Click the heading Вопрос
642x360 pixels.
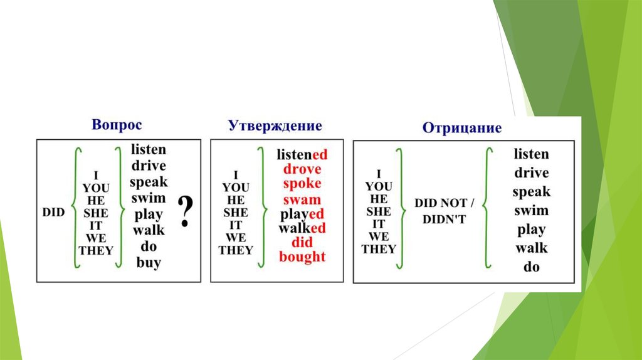click(x=117, y=124)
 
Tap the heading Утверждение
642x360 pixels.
click(x=275, y=125)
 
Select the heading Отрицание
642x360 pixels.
click(x=462, y=128)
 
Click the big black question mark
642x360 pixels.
click(x=184, y=211)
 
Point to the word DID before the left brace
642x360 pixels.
click(x=54, y=213)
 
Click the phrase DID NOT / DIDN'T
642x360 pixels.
click(x=444, y=211)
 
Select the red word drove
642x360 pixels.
click(x=302, y=169)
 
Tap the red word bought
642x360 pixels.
click(x=302, y=257)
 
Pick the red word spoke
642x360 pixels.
click(x=302, y=184)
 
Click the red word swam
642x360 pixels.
click(x=302, y=199)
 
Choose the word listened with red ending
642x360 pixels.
click(x=302, y=154)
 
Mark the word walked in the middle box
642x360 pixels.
click(x=302, y=228)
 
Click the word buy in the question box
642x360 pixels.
click(x=149, y=263)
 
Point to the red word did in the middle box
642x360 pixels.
click(x=302, y=242)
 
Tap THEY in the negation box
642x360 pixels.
click(x=379, y=249)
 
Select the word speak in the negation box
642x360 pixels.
click(x=531, y=192)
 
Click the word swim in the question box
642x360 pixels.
click(x=149, y=198)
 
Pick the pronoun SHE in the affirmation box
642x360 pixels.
click(x=236, y=213)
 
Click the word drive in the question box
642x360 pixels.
click(x=149, y=166)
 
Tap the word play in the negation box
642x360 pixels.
click(x=531, y=230)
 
